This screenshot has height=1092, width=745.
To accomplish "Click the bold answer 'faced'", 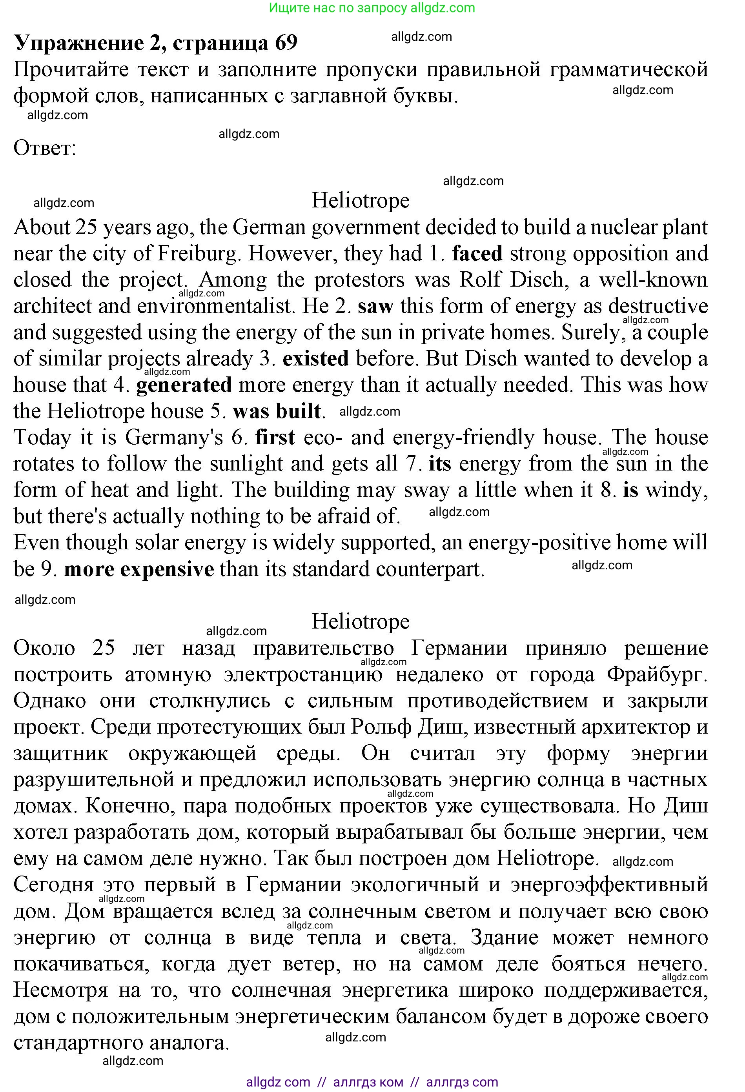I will [x=477, y=254].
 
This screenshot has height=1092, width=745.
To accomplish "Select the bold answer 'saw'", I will [x=375, y=306].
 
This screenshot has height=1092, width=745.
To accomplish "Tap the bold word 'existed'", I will [x=315, y=359].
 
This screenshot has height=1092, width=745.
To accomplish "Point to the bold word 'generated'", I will [x=184, y=385].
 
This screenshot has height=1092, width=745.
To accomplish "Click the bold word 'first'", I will [x=275, y=438].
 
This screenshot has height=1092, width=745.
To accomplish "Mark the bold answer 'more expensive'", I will [x=139, y=569].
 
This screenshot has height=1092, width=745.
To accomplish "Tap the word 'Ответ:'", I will [x=45, y=149].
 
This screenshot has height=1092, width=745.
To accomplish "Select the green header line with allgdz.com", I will [x=372, y=8].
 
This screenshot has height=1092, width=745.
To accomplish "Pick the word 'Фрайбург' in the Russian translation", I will [x=656, y=675].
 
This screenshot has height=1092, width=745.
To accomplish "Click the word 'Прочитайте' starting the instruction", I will [x=71, y=69].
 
